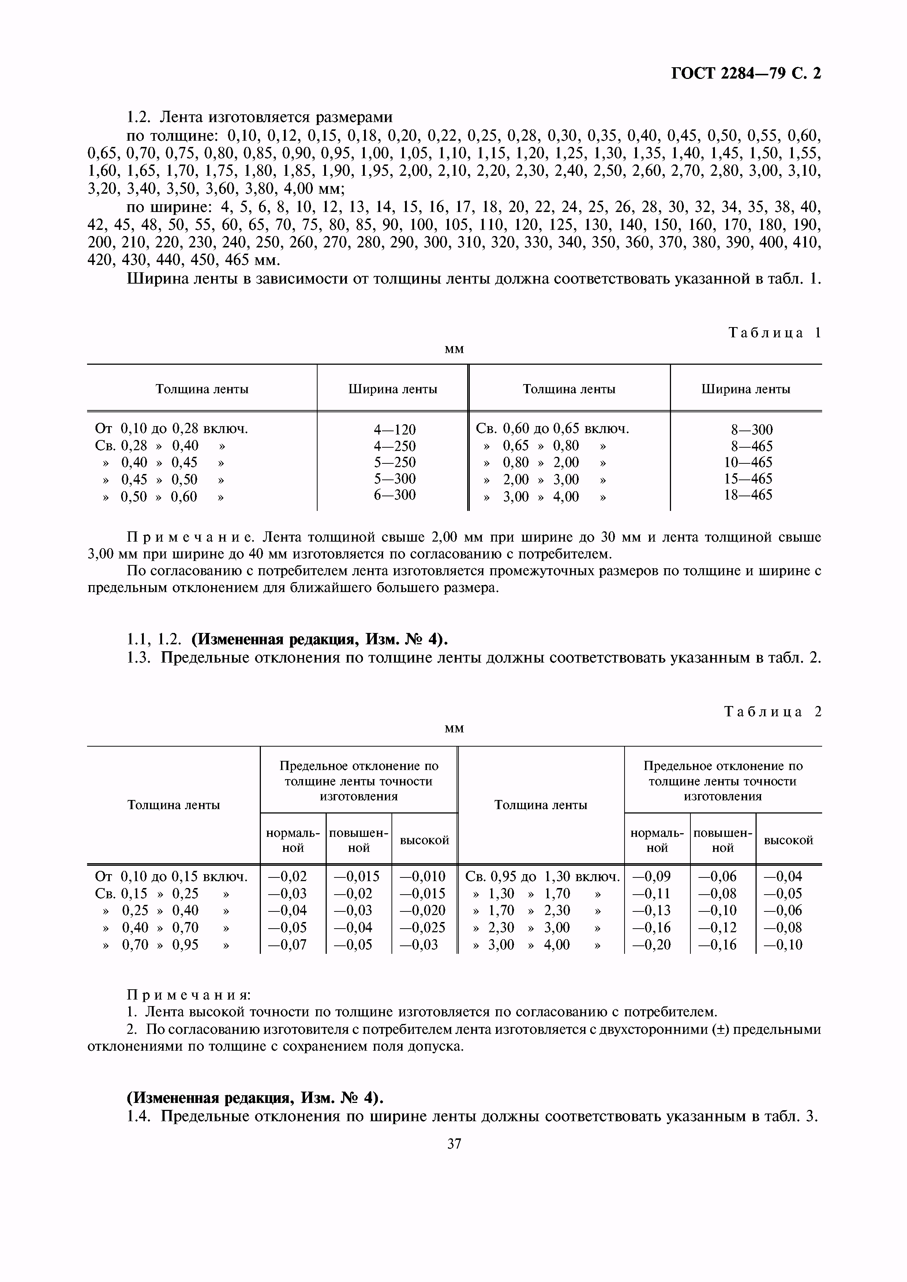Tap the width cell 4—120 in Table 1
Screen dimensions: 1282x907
pos(394,429)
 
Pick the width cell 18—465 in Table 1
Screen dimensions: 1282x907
pos(748,495)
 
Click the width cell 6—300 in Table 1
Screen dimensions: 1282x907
pos(394,495)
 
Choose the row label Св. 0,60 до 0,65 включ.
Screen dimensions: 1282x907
pos(552,429)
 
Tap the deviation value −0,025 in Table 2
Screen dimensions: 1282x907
pos(423,928)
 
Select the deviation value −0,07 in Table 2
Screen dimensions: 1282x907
pos(287,945)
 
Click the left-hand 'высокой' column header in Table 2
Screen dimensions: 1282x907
pos(424,840)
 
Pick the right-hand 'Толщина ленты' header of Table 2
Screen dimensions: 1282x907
pos(540,805)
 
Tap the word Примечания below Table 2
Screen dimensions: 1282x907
pos(189,995)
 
